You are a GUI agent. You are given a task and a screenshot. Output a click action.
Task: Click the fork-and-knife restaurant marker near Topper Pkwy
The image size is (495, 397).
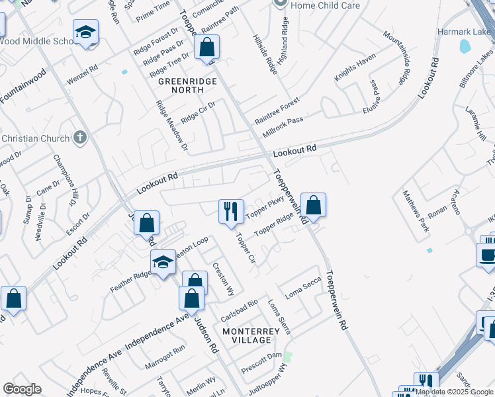click(231, 212)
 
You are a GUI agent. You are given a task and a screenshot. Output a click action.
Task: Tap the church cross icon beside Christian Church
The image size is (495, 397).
click(79, 138)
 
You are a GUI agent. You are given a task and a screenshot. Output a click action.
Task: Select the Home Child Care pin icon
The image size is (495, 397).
click(281, 4)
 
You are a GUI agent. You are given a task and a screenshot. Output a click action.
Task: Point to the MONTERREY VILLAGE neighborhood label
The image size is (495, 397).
click(247, 335)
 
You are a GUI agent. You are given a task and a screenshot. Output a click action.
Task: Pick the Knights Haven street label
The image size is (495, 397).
click(355, 67)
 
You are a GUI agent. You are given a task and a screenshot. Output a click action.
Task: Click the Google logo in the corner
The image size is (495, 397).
click(22, 389)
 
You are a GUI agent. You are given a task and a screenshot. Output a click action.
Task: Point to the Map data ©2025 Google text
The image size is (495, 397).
click(454, 392)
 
